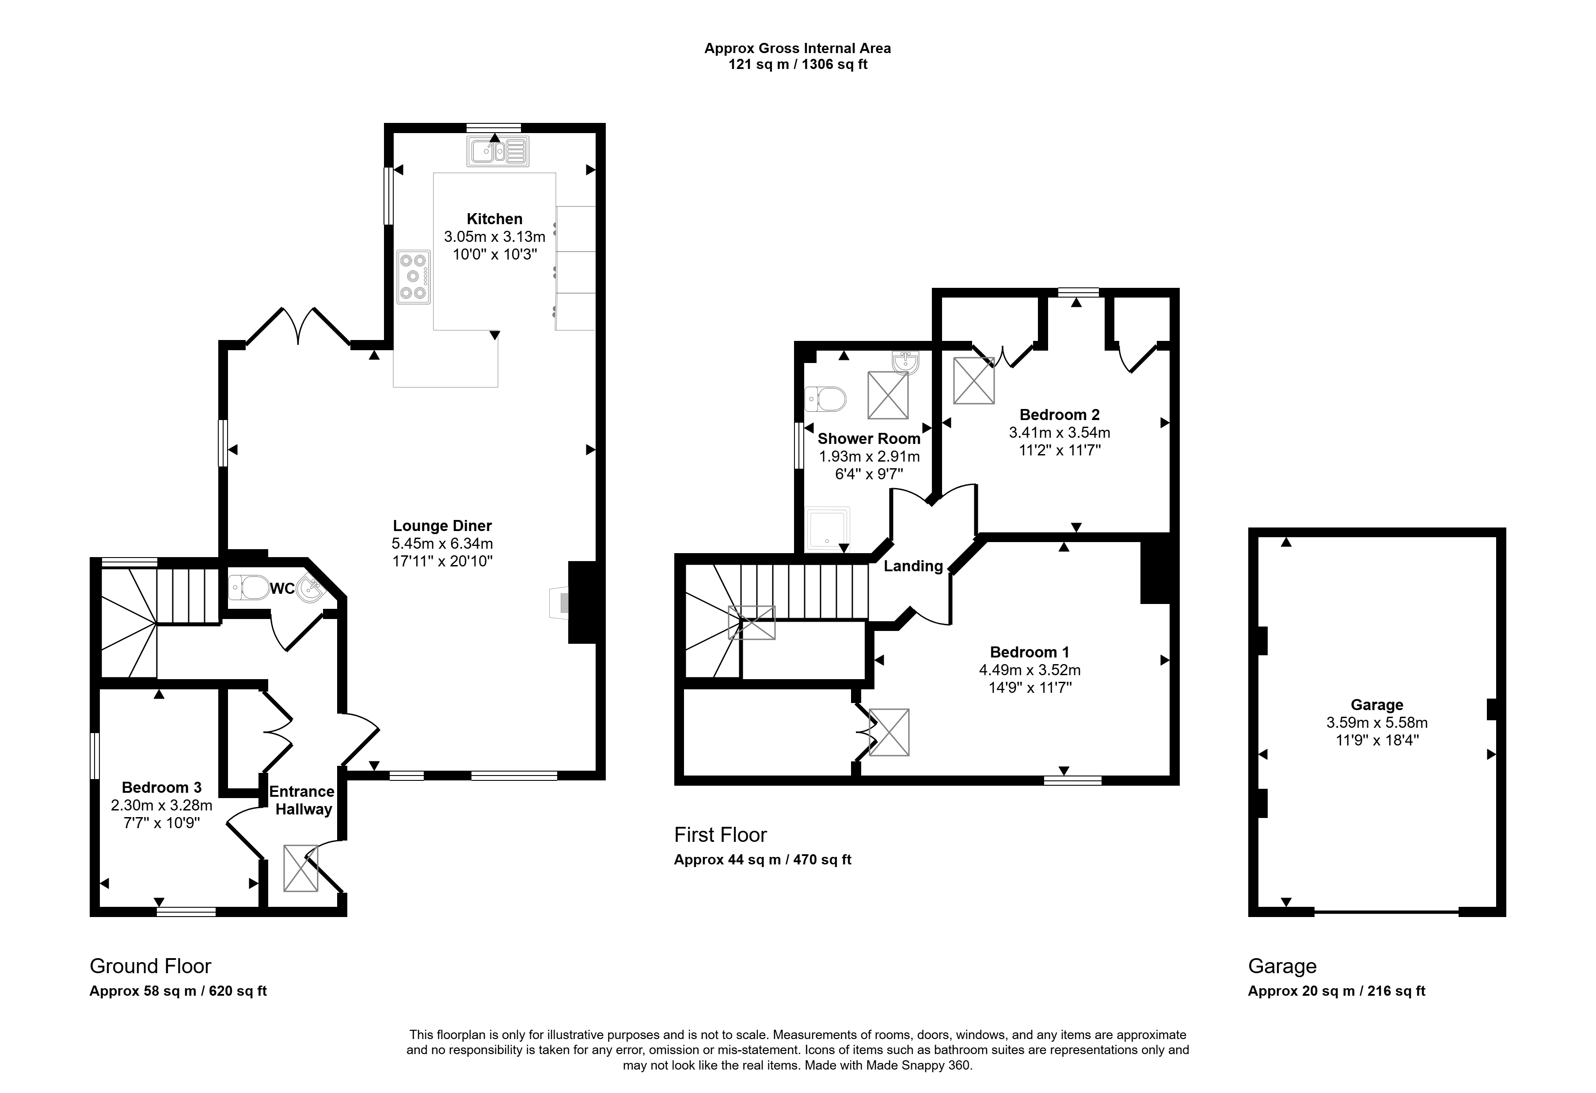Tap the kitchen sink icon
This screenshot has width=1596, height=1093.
498,151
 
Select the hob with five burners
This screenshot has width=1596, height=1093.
414,277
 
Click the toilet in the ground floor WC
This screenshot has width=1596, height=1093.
249,587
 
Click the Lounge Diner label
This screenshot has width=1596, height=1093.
442,526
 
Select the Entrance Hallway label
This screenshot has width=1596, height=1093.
302,800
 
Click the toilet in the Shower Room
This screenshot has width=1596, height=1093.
825,398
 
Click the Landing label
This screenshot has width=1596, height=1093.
913,566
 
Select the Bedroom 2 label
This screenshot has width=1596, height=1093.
1060,415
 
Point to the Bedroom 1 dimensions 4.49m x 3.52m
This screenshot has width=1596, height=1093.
1030,670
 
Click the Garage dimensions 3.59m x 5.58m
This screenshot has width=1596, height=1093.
1377,723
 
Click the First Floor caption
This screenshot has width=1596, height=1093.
720,835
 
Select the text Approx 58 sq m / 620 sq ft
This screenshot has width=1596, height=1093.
178,991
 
